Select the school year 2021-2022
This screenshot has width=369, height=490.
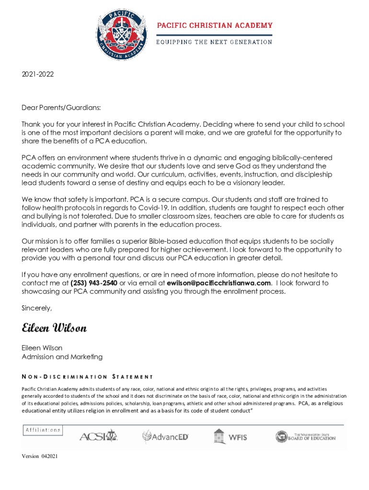coord(38,74)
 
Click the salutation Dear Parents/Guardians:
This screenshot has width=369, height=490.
coord(61,108)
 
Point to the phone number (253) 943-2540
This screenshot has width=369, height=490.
coord(94,283)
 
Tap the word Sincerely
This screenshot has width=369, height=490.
coord(37,308)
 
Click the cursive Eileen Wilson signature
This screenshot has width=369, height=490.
coord(54,328)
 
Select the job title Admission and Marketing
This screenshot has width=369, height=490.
coord(62,356)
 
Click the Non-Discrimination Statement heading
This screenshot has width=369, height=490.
coord(87,377)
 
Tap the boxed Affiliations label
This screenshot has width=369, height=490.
coord(43,430)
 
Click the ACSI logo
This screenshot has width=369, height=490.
coord(98,436)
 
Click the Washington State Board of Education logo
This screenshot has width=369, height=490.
coord(305,436)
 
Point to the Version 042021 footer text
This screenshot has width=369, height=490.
coord(40,457)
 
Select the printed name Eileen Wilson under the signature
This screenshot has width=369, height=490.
coord(42,348)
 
